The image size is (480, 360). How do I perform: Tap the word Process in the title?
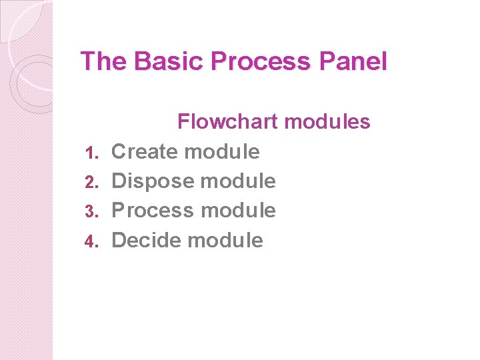(260, 61)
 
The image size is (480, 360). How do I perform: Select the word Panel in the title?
(353, 61)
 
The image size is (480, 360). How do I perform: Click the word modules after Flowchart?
(327, 121)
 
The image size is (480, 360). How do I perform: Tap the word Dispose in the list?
(153, 181)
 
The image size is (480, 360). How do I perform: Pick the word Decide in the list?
(147, 240)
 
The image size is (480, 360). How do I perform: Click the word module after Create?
(223, 151)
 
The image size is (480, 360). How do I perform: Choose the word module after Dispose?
(238, 181)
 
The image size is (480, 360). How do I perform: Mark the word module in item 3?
(238, 210)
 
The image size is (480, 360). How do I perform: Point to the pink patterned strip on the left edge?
(25, 267)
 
